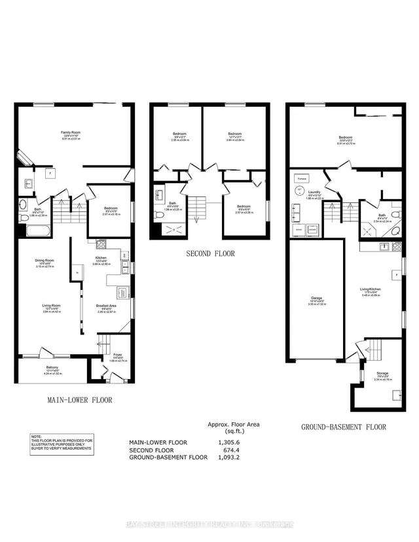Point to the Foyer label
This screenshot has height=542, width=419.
click(x=117, y=357)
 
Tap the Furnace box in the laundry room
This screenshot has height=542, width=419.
click(x=302, y=178)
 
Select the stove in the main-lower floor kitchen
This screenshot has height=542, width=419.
click(x=101, y=245)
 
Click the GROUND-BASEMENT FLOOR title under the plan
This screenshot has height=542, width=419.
click(x=343, y=427)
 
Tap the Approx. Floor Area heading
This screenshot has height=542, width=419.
click(x=234, y=424)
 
